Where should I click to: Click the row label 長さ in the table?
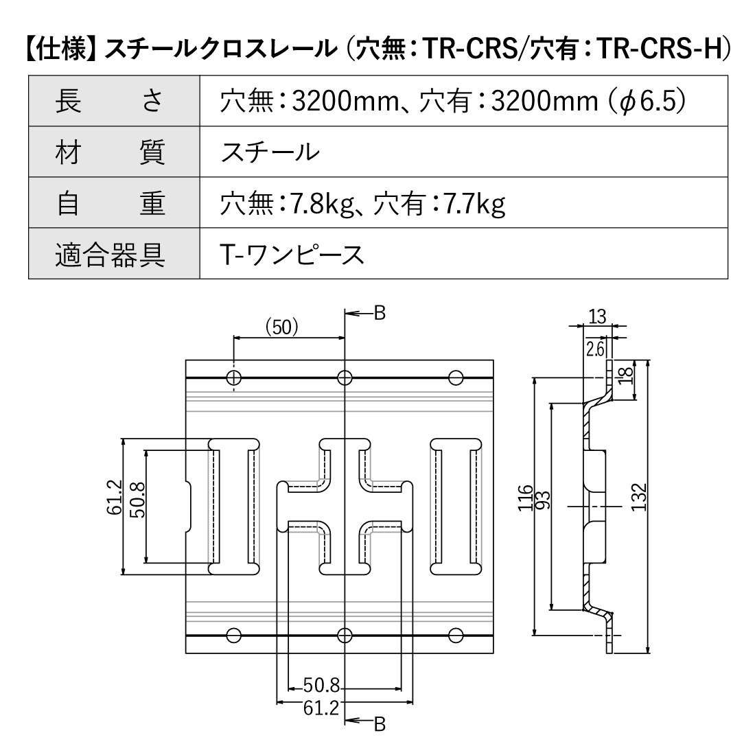coord(110,101)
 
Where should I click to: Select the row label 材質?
coord(110,152)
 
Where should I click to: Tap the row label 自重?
coord(110,204)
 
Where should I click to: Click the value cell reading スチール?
coord(270,152)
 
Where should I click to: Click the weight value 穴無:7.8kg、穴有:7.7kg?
coord(362,204)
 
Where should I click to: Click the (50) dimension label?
coord(282,327)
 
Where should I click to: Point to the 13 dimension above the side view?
coord(597,316)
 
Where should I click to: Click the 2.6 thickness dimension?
coord(595,349)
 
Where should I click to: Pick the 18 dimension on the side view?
coord(624,375)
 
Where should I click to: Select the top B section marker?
coord(378,314)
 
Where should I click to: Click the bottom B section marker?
coord(378,722)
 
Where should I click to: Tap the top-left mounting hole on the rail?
coord(234,377)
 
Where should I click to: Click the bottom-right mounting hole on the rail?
coord(455,634)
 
